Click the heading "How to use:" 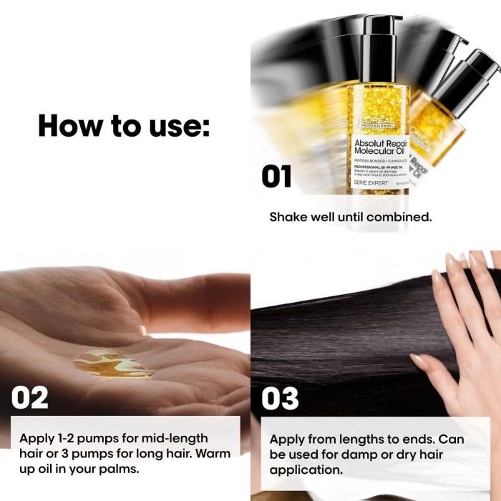(x=124, y=125)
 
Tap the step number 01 (x=276, y=176)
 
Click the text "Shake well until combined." (x=350, y=216)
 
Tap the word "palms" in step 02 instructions (x=122, y=470)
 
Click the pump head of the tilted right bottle (x=478, y=68)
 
